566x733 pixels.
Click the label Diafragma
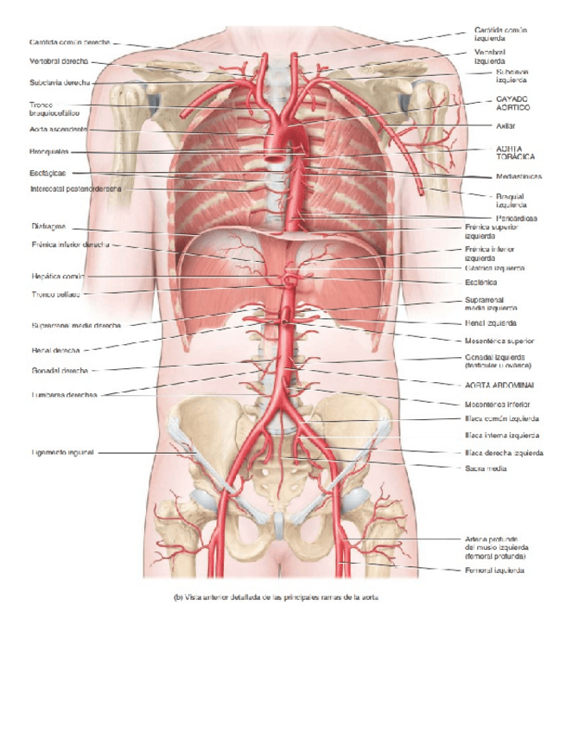pos(48,226)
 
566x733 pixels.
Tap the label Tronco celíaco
pos(55,294)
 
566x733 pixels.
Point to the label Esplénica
pos(480,282)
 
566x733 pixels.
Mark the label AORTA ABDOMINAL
pos(499,384)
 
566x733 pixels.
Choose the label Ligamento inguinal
pos(62,452)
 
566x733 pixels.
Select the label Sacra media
pos(485,468)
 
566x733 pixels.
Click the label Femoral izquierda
pos(493,570)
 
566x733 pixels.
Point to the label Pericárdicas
pos(517,219)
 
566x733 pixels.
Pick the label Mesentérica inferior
pos(497,404)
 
